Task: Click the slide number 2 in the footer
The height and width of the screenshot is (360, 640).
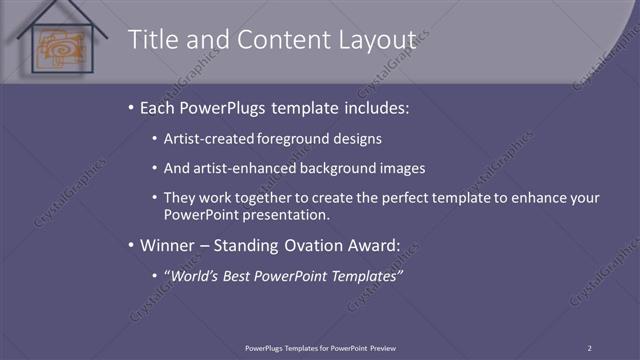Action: point(589,348)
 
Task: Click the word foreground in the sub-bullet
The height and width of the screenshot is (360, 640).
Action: point(291,139)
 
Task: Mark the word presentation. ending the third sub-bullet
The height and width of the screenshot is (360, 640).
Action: point(291,214)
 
